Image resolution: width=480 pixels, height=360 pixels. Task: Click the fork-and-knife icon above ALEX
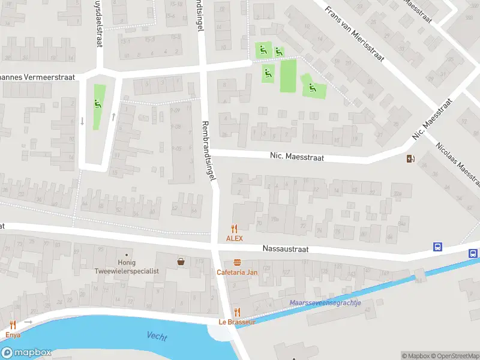[x=235, y=229]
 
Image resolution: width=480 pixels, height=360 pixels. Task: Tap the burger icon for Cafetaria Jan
[x=237, y=262]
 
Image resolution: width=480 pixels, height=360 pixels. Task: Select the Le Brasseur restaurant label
[x=236, y=322]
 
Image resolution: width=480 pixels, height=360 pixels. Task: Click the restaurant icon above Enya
[x=13, y=325]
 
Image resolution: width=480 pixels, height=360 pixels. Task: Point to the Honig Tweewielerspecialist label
[x=127, y=267]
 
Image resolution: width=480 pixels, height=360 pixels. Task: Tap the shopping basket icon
[x=181, y=262]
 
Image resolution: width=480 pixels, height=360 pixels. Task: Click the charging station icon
[x=410, y=159]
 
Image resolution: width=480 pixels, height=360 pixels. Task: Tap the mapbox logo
[x=26, y=353]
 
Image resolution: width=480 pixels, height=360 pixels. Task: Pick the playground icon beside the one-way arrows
[x=98, y=104]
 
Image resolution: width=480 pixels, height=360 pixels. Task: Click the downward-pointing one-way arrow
[x=82, y=121]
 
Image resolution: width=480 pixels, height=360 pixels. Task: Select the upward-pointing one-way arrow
[x=113, y=116]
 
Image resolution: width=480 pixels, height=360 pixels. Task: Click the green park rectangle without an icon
[x=289, y=76]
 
